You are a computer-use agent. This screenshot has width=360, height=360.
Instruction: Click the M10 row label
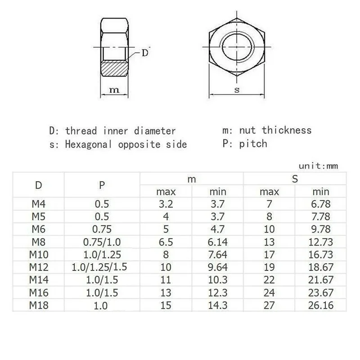pos(39,254)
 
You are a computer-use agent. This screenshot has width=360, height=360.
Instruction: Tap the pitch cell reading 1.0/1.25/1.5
pos(99,267)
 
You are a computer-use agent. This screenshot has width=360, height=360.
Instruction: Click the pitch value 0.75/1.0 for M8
pos(99,241)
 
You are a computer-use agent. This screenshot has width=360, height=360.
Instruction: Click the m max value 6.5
pos(166,241)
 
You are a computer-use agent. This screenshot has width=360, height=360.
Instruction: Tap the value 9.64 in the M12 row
pos(218,267)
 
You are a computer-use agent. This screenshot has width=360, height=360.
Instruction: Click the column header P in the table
pos(99,184)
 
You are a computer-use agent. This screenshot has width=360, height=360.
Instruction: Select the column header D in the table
pos(39,184)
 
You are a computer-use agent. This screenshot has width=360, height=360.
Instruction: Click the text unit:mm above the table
pos(319,166)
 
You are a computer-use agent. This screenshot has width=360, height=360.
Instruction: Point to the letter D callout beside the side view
pos(145,53)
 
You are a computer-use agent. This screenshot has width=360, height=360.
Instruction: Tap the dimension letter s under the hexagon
pos(237,90)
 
